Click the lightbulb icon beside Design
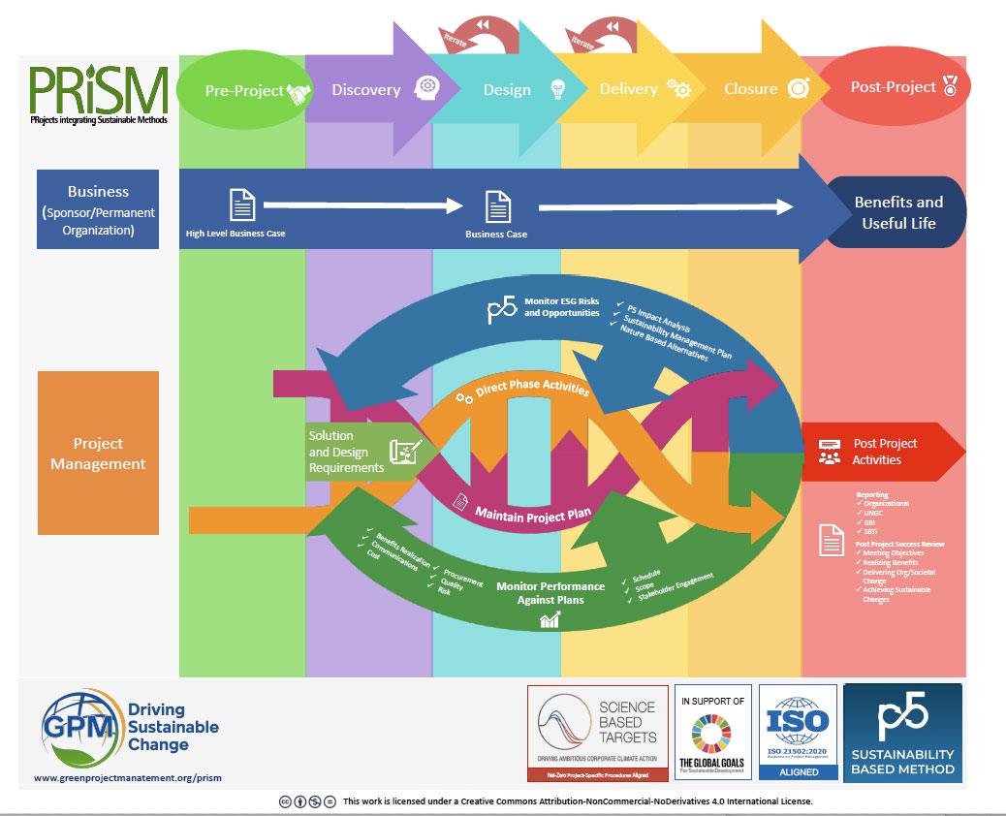(x=557, y=89)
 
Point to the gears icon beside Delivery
(x=678, y=89)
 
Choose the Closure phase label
(x=750, y=89)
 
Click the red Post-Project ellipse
(x=895, y=88)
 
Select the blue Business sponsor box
(x=98, y=209)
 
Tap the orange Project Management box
(x=98, y=453)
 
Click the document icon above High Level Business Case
(x=241, y=205)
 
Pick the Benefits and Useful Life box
(x=897, y=213)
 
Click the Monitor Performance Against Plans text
(x=550, y=592)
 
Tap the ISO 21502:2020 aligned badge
(x=798, y=732)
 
